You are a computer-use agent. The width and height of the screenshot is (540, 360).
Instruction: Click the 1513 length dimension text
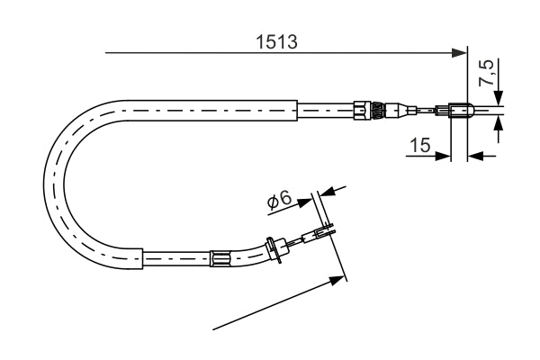pos(276,41)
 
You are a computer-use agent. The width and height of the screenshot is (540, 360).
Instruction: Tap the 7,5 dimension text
pos(487,73)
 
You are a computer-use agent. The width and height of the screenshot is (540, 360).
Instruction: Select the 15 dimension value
pos(420,145)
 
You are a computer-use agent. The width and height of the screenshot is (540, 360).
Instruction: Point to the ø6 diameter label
pos(280,200)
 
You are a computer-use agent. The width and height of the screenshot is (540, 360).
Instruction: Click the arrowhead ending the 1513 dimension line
pos(459,53)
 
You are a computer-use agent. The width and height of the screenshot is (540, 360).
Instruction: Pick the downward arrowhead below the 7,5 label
pos(498,97)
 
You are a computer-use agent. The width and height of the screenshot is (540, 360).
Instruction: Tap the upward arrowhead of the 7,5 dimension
pos(498,124)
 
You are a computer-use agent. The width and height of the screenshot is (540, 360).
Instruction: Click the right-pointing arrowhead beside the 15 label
pos(443,156)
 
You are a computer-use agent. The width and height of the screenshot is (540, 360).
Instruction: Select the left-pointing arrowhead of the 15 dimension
pos(475,156)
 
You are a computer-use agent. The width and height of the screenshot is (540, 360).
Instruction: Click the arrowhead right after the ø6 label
pos(305,202)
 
